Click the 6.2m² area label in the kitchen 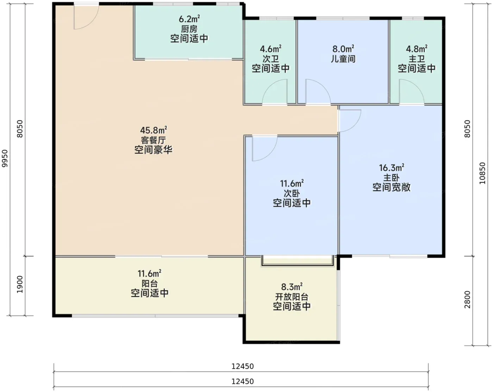pyautogui.click(x=189, y=19)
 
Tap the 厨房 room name pyautogui.click(x=189, y=29)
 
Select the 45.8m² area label pyautogui.click(x=154, y=130)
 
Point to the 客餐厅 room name pyautogui.click(x=153, y=140)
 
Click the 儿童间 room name pyautogui.click(x=343, y=59)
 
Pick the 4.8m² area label pyautogui.click(x=417, y=49)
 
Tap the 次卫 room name pyautogui.click(x=270, y=59)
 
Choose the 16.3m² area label pyautogui.click(x=392, y=168)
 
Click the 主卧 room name pyautogui.click(x=392, y=178)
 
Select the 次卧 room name pyautogui.click(x=292, y=194)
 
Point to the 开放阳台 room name pyautogui.click(x=292, y=297)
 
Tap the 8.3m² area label pyautogui.click(x=292, y=287)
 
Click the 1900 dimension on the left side pyautogui.click(x=20, y=284)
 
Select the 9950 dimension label pyautogui.click(x=5, y=158)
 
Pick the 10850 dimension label pyautogui.click(x=482, y=173)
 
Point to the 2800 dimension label pyautogui.click(x=467, y=300)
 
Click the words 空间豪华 pyautogui.click(x=153, y=150)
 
